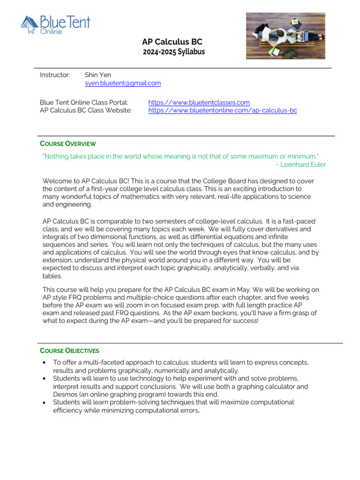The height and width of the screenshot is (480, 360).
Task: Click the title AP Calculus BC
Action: point(172,42)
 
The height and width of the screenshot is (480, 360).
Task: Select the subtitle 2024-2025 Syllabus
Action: point(173,52)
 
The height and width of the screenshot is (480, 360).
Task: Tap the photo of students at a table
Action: point(285,36)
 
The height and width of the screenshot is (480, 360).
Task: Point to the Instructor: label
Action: point(55,75)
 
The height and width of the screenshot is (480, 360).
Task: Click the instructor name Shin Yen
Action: point(98,75)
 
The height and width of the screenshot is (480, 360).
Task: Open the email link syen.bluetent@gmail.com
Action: point(123,83)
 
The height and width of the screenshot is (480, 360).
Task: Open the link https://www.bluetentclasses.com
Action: point(199,103)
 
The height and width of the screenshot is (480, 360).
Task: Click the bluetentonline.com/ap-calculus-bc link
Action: point(223,111)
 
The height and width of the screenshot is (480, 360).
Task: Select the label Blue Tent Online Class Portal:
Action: point(84,103)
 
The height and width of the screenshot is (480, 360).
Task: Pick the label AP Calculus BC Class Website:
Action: point(86,111)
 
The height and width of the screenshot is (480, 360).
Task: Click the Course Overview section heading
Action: point(67,143)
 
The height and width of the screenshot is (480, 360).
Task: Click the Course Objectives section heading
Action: point(69,351)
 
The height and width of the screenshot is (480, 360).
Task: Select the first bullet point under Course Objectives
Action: point(44,363)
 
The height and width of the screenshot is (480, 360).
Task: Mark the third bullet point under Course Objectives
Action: point(44,403)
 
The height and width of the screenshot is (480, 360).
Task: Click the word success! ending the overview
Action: point(243,321)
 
